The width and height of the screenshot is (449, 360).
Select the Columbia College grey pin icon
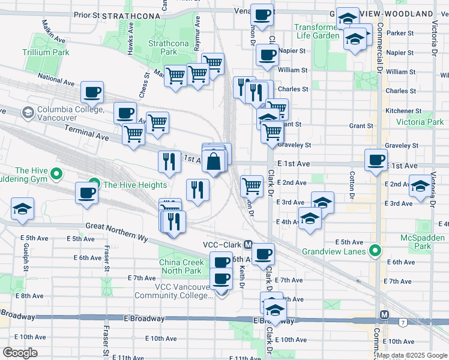click(27, 112)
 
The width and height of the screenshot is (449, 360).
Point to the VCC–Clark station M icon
click(247, 245)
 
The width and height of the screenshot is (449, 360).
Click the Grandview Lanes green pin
click(375, 250)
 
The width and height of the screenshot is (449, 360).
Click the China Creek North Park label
click(180, 266)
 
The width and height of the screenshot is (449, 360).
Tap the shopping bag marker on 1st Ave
click(214, 161)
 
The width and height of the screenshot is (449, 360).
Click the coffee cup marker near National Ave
click(92, 92)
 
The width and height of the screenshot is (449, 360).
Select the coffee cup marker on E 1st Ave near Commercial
click(376, 160)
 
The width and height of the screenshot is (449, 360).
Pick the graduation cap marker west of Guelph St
click(23, 208)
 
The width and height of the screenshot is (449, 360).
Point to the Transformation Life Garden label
click(317, 31)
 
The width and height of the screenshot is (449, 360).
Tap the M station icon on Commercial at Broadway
click(385, 314)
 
